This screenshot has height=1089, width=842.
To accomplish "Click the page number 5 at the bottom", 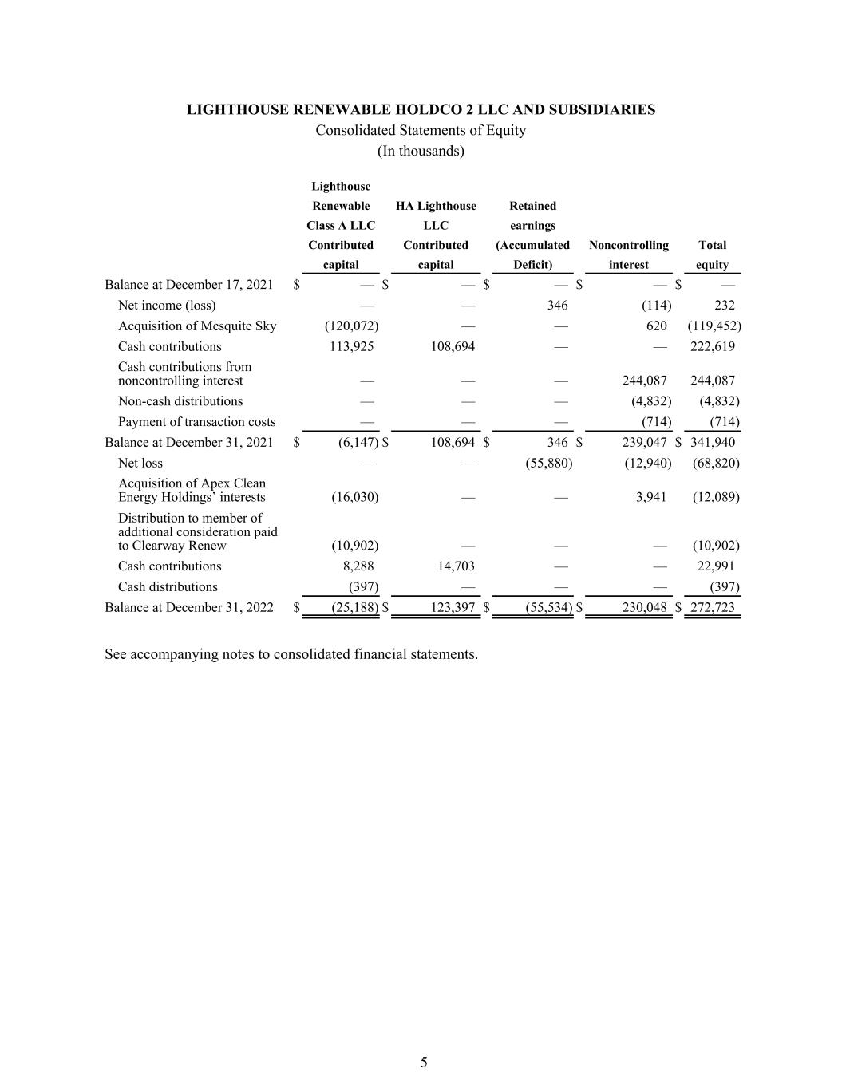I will click(x=424, y=1062).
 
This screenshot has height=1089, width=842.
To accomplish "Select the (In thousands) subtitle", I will click(x=421, y=151).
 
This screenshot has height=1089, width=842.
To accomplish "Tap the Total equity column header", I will click(x=712, y=254).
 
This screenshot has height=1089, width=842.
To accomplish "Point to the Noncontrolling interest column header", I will click(x=628, y=254).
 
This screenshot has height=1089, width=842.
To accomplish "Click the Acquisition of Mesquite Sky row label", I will click(x=197, y=326).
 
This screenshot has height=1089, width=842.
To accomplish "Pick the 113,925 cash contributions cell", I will click(x=351, y=346).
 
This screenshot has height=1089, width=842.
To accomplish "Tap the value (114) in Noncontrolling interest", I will click(x=656, y=305).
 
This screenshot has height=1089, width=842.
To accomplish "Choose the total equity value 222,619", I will click(x=712, y=346).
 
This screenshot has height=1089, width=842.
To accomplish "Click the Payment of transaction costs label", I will click(x=196, y=422).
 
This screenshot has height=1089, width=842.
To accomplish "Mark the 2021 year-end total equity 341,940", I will click(x=712, y=443).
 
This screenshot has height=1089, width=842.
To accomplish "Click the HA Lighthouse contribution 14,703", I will click(x=453, y=566).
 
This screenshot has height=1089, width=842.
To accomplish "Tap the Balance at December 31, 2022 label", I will click(x=189, y=607).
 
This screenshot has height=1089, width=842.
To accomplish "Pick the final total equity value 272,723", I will click(x=712, y=607).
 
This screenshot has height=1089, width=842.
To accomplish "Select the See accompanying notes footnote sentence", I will click(x=291, y=654).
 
